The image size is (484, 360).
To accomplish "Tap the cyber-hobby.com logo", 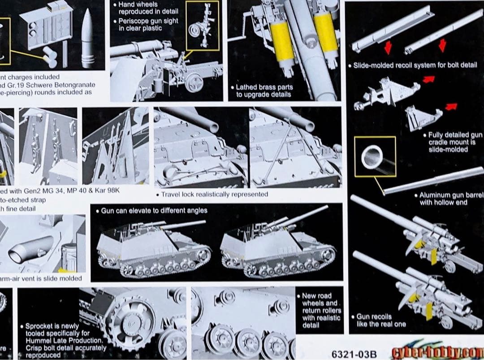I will [437, 351].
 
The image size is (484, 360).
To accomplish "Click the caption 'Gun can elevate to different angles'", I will [154, 210].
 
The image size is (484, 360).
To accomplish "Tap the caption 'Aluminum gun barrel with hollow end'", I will [450, 199].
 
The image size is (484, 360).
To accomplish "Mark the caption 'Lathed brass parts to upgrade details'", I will [264, 91].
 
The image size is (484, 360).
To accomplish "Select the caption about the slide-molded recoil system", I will [415, 65].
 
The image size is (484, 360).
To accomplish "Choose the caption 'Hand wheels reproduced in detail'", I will [148, 8].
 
